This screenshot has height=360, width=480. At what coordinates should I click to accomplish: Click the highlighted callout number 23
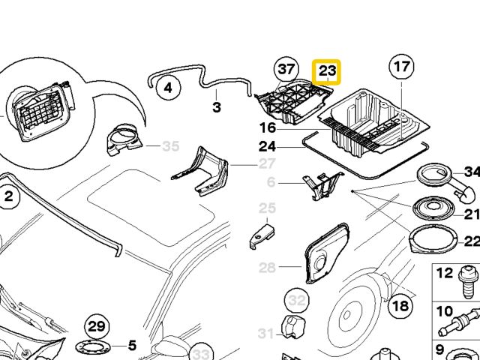tap(327, 73)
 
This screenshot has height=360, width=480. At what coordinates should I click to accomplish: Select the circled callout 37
tap(285, 70)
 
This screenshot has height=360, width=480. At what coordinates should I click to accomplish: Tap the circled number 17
tap(401, 67)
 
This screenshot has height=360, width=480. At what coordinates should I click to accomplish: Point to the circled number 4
tap(168, 88)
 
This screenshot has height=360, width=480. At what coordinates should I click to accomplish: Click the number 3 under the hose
tap(217, 108)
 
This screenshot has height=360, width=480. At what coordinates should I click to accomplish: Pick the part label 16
tap(268, 127)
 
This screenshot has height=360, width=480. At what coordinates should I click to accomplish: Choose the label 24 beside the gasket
tap(268, 146)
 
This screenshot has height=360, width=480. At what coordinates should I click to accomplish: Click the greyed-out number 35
tap(171, 146)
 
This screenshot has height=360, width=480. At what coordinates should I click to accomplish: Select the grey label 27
tap(268, 163)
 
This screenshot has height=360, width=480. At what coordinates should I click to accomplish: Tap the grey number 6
tap(271, 182)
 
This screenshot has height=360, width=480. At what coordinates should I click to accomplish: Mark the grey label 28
tap(268, 267)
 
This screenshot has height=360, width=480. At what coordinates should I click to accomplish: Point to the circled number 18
tap(400, 305)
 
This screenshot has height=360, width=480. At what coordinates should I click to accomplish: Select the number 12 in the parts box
tap(445, 274)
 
